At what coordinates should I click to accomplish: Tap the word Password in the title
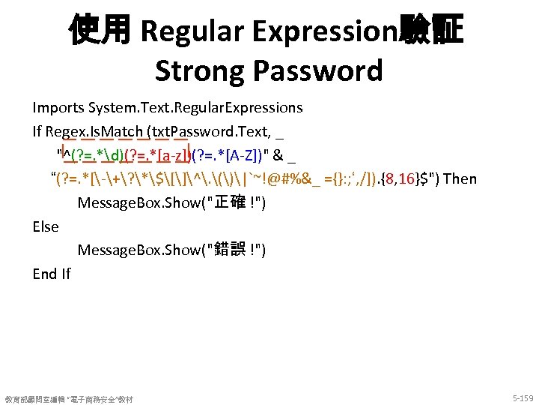point(319,70)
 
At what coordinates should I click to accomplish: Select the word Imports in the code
point(58,107)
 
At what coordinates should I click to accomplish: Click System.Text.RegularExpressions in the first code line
point(195,107)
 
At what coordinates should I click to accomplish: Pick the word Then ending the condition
point(459,178)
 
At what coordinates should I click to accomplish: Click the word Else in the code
point(46,226)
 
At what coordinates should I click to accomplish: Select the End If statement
point(52,274)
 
